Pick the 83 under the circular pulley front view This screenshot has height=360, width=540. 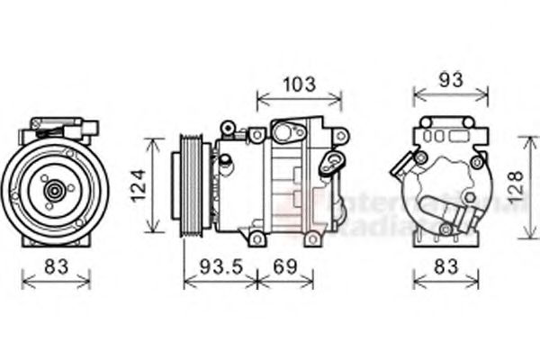(55, 266)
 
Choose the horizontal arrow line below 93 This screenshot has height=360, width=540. (451, 93)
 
